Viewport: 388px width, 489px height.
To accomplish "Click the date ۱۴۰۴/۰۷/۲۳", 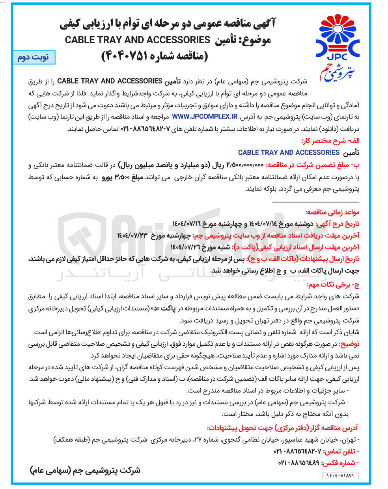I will [x=132, y=235].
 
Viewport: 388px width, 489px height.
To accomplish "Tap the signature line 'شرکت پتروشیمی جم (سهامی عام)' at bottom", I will [x=85, y=470].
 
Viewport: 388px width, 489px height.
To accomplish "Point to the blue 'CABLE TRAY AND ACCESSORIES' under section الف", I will [x=289, y=153].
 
